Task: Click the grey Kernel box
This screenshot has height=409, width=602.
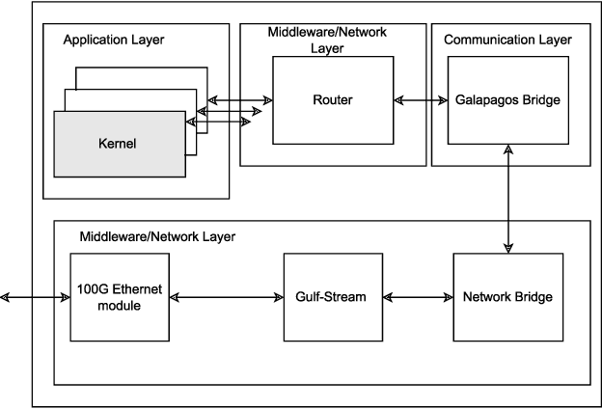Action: tap(118, 145)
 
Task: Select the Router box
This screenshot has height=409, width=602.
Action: tap(334, 99)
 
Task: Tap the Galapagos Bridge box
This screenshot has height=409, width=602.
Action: tap(507, 99)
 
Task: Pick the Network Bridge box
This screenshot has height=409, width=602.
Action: tap(507, 296)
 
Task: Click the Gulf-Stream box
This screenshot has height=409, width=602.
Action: tap(332, 296)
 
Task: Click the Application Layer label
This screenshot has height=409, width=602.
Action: tap(113, 41)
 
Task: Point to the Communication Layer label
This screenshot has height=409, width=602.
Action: tap(506, 40)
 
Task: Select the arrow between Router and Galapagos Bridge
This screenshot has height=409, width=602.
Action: tap(420, 99)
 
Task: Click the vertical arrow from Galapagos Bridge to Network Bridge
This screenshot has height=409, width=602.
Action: tap(508, 199)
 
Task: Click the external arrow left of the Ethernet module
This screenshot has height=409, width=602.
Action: tap(37, 297)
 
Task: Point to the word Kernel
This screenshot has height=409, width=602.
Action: tap(118, 145)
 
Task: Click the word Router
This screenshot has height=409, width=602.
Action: tap(334, 99)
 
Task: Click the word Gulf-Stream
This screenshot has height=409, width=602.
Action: tap(332, 296)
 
